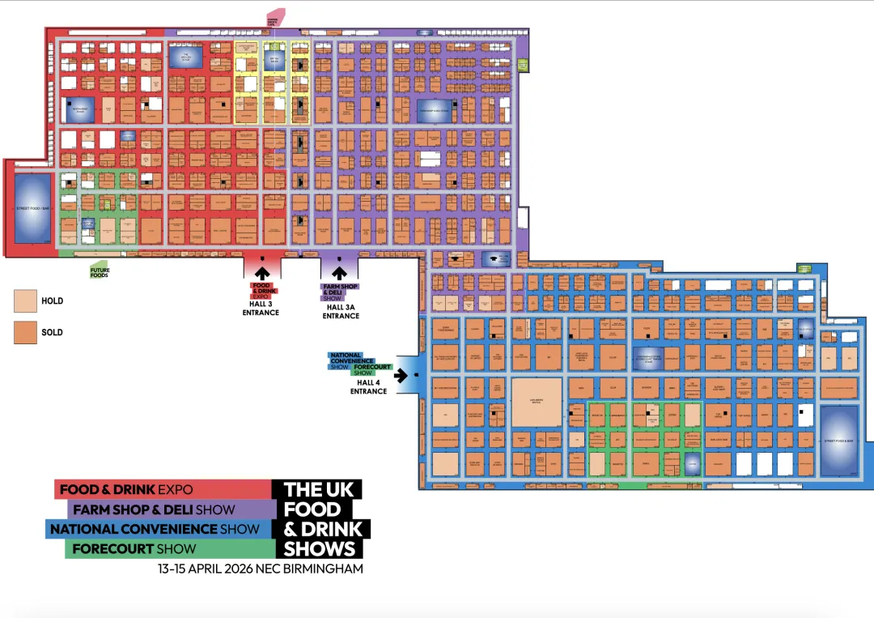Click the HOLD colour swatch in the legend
click(26, 301)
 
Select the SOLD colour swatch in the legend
click(26, 332)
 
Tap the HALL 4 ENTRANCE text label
click(368, 387)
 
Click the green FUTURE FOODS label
click(100, 273)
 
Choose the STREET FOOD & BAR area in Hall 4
click(839, 440)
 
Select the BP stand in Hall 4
click(548, 356)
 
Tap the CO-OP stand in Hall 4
click(612, 356)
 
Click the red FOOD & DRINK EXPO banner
click(162, 489)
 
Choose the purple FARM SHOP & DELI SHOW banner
click(170, 509)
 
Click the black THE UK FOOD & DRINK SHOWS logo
click(320, 518)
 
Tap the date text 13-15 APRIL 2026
click(206, 569)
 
